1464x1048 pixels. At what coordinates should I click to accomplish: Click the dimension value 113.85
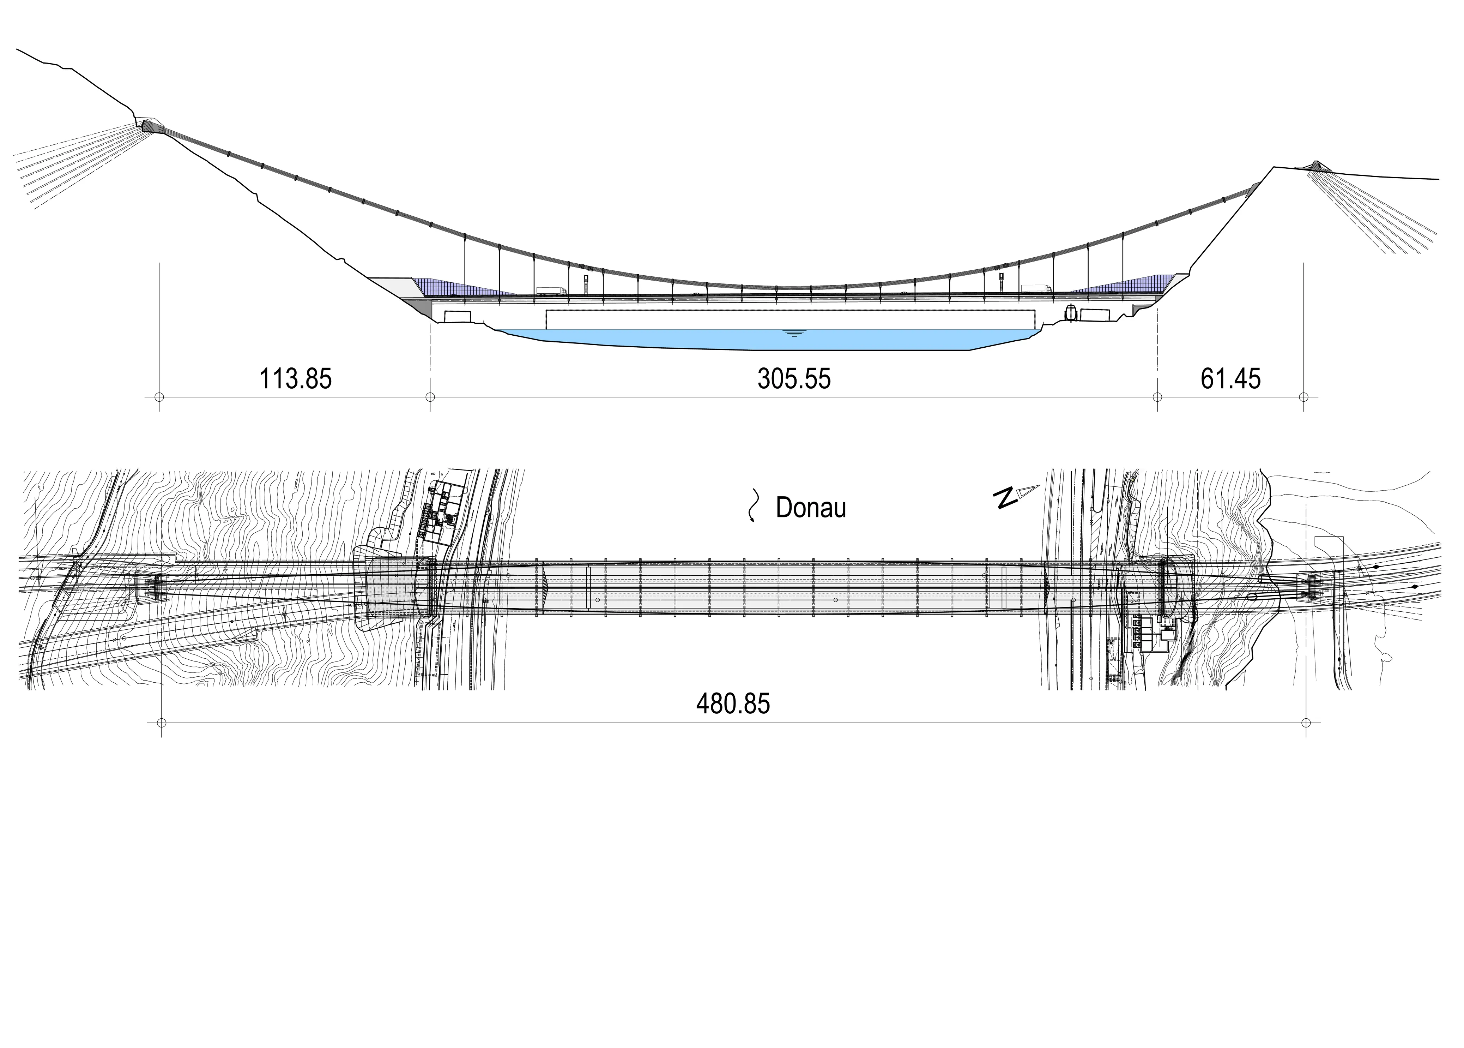click(x=295, y=379)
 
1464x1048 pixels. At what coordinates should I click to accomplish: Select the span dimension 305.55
click(x=794, y=379)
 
